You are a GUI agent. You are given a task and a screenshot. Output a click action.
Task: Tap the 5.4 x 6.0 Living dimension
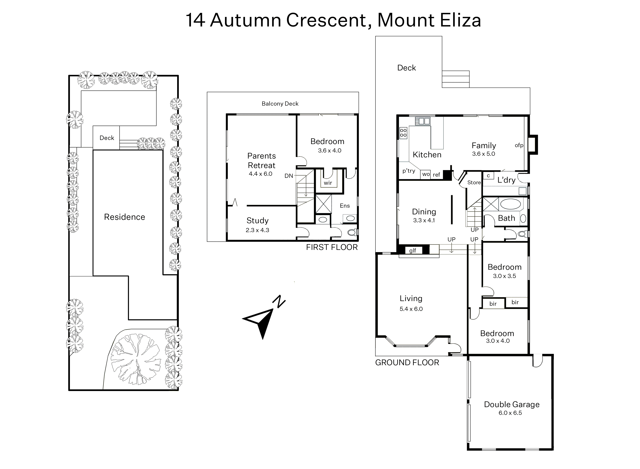[411, 309]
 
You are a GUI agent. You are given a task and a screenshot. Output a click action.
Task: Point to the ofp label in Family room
[519, 145]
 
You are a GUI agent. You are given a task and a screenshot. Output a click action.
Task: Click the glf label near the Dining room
[413, 250]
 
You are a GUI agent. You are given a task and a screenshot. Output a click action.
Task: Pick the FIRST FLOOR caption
[332, 247]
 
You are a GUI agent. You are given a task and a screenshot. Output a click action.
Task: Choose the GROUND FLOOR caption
[407, 363]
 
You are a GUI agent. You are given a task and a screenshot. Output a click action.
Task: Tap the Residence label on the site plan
[124, 217]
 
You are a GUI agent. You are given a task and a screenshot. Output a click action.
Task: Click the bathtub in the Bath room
[510, 204]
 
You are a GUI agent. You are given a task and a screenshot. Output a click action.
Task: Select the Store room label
[474, 183]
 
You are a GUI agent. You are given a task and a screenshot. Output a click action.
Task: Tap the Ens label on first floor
[345, 206]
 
